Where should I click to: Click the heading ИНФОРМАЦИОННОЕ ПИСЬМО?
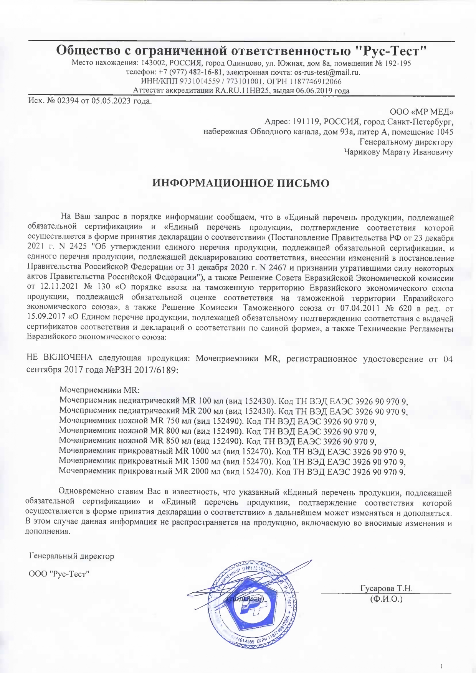click(241, 183)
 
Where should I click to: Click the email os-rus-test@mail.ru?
click(327, 72)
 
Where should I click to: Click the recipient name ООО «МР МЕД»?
click(421, 112)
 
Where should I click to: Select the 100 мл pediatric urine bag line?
click(233, 401)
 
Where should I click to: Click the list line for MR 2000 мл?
click(232, 471)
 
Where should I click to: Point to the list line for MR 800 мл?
click(218, 431)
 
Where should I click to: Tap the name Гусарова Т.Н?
click(386, 589)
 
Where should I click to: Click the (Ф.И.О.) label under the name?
click(386, 599)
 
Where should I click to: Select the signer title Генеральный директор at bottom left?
click(72, 556)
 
